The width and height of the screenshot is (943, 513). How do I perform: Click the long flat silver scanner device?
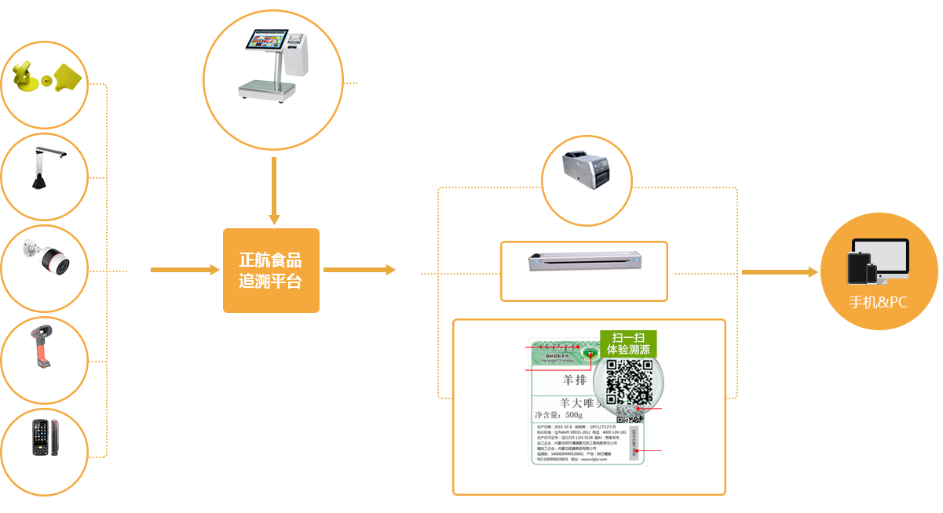click(583, 262)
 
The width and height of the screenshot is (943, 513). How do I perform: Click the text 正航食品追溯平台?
click(270, 271)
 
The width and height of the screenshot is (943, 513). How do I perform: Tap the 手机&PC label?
click(878, 302)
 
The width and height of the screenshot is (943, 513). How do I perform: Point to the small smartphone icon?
click(872, 274)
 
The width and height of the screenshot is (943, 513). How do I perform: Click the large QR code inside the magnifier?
click(629, 384)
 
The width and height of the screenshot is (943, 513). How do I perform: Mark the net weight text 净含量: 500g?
click(558, 414)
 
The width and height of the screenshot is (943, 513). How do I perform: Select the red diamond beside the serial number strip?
click(652, 452)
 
